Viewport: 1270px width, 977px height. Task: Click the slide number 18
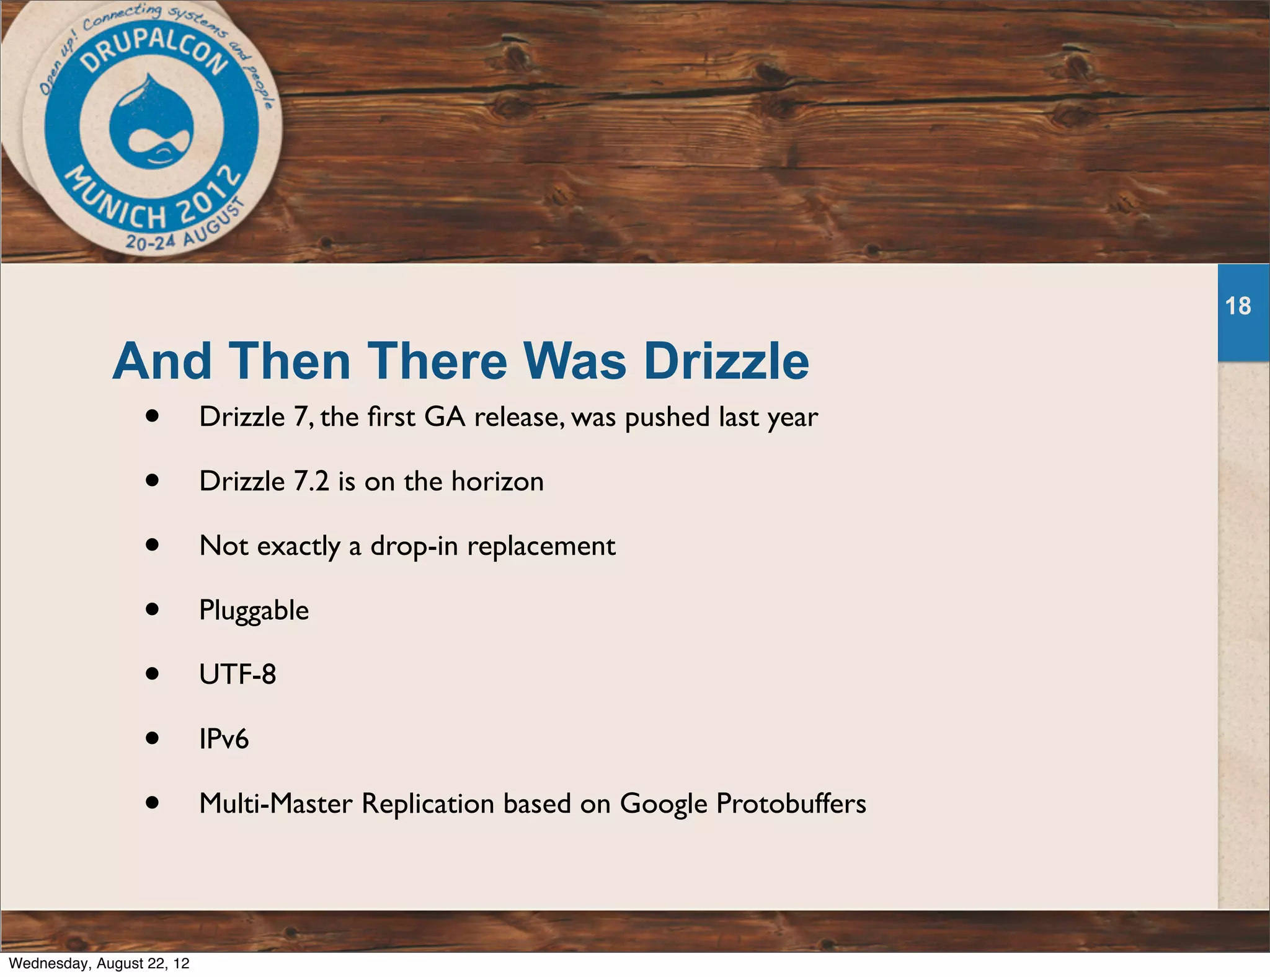(x=1238, y=306)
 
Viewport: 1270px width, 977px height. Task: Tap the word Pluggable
(x=254, y=610)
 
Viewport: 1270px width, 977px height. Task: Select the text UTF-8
(x=238, y=674)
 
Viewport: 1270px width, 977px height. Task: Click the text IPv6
(x=224, y=739)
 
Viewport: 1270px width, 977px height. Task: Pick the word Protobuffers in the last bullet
(x=791, y=803)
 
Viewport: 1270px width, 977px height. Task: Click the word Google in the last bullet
(x=664, y=803)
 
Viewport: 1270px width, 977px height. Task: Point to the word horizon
(x=497, y=481)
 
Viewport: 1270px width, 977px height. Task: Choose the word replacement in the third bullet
(x=541, y=546)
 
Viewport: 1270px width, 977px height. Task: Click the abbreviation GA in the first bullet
(x=445, y=417)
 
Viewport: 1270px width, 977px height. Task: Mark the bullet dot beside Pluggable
(x=153, y=609)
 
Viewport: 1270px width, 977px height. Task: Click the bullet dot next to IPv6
(x=153, y=738)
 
